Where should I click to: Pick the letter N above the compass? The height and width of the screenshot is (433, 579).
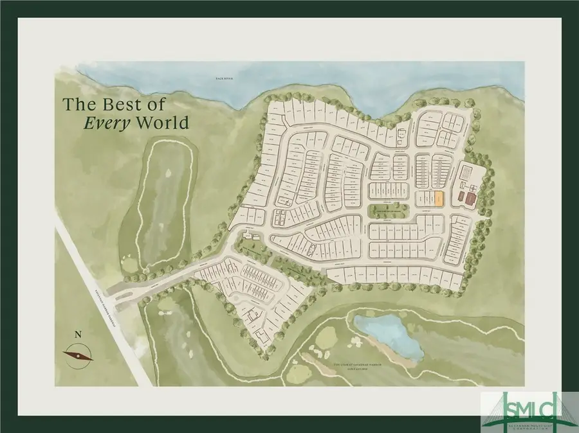click(x=78, y=334)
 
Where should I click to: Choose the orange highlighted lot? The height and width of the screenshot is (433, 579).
click(x=437, y=199)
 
